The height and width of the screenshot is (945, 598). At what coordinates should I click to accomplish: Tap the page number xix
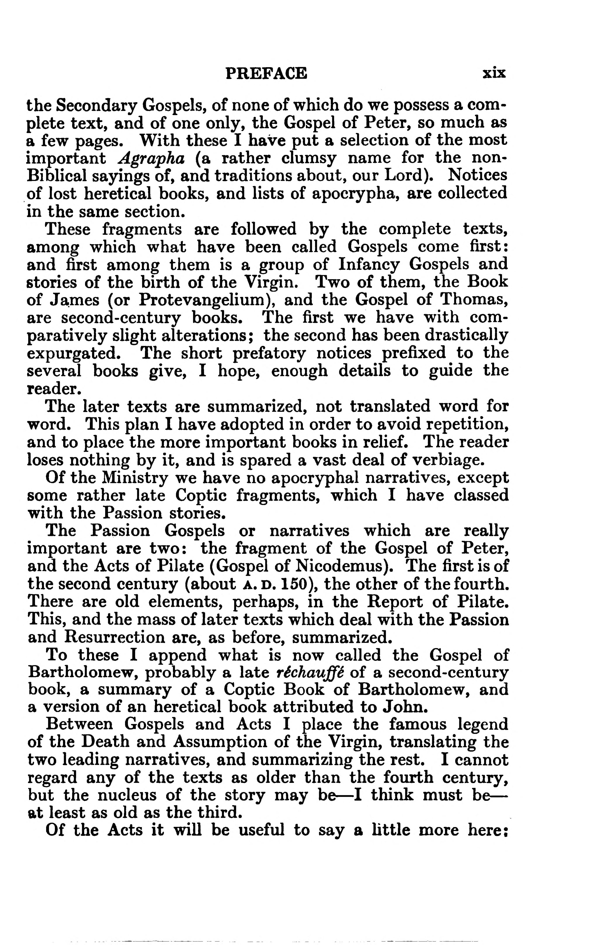tap(494, 73)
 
